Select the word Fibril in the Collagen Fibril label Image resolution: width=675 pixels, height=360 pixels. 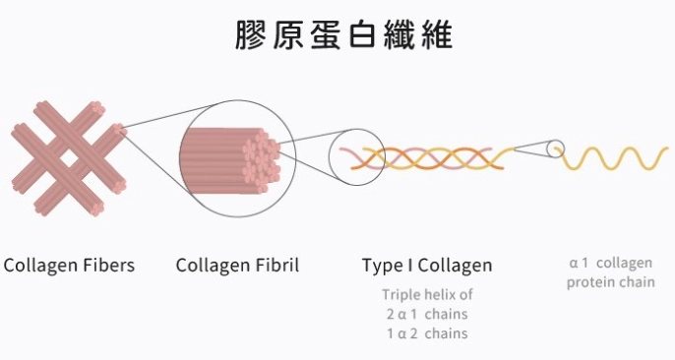click(x=276, y=266)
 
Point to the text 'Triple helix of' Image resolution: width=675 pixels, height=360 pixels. click(x=427, y=294)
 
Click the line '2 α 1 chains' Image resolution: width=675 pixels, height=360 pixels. click(x=427, y=314)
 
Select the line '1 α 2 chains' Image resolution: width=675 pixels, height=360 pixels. click(x=427, y=333)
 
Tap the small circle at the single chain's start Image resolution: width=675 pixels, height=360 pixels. click(x=557, y=150)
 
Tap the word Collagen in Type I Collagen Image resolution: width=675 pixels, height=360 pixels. click(x=456, y=266)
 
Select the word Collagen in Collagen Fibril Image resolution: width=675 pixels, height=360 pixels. click(x=212, y=266)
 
